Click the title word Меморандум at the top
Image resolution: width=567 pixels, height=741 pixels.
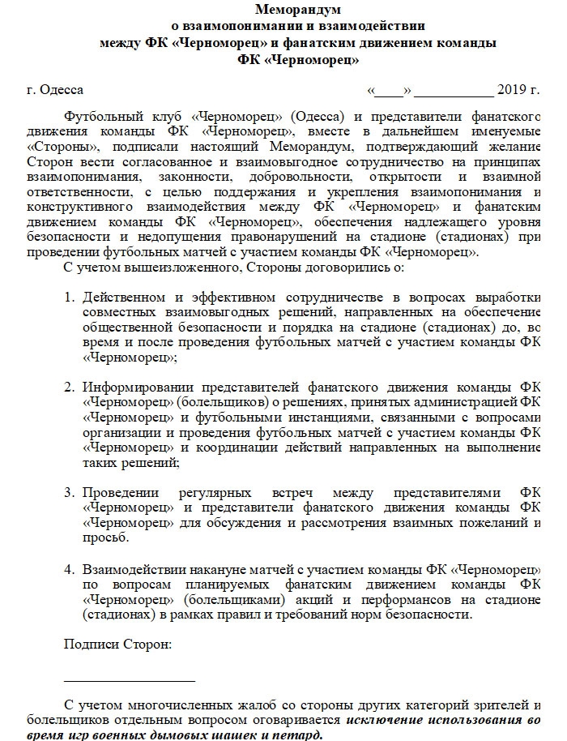coord(298,10)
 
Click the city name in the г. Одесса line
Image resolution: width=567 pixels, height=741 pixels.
coord(61,89)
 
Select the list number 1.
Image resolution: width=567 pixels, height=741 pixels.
coord(70,297)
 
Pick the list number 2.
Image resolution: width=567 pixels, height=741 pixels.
coord(70,386)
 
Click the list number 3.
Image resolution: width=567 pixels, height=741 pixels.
coord(70,492)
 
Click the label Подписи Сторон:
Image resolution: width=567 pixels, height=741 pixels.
coord(117,645)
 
